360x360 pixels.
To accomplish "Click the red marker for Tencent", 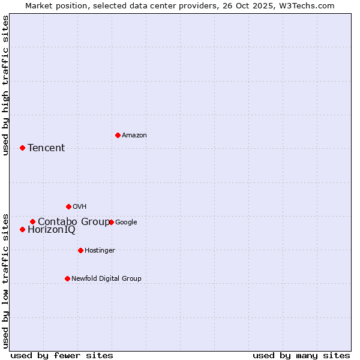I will pyautogui.click(x=22, y=148).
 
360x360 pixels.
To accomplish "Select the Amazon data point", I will pyautogui.click(x=118, y=135).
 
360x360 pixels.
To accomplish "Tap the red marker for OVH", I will pyautogui.click(x=68, y=206).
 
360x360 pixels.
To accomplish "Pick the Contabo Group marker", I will pyautogui.click(x=32, y=221).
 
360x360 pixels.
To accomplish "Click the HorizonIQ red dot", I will pyautogui.click(x=22, y=229).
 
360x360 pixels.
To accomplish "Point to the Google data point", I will pyautogui.click(x=111, y=222).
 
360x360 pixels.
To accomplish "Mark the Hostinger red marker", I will pyautogui.click(x=80, y=250).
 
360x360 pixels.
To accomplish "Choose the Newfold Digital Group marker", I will pyautogui.click(x=67, y=278).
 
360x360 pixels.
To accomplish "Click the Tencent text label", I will pyautogui.click(x=46, y=148).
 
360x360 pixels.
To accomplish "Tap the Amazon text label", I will pyautogui.click(x=134, y=136).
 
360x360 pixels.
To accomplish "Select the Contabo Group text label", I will pyautogui.click(x=73, y=222).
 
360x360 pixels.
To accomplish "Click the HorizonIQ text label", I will pyautogui.click(x=52, y=230).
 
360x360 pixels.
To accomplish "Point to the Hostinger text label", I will pyautogui.click(x=100, y=251).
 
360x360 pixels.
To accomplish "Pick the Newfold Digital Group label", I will pyautogui.click(x=106, y=279).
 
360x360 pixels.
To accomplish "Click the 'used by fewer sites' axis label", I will pyautogui.click(x=62, y=355).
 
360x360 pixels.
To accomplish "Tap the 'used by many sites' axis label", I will pyautogui.click(x=301, y=355).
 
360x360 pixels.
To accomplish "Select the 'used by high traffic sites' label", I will pyautogui.click(x=6, y=85).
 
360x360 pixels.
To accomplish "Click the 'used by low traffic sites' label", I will pyautogui.click(x=6, y=281).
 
